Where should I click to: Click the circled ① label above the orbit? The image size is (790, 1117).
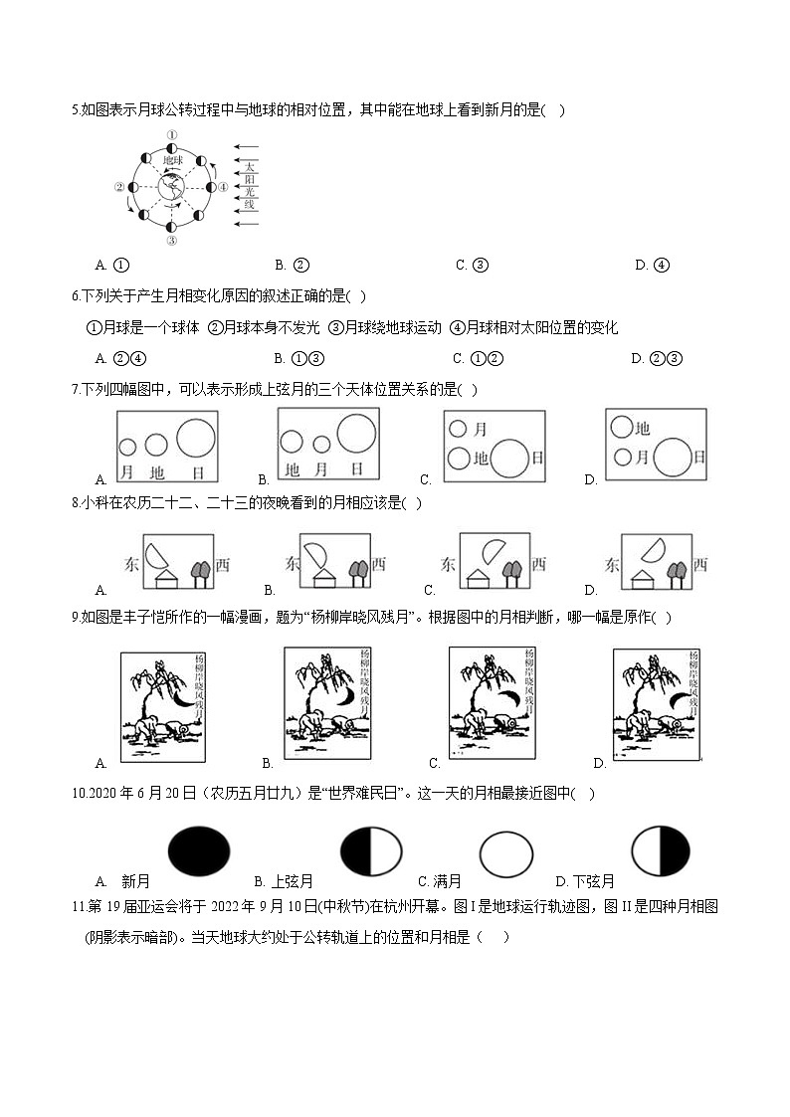pyautogui.click(x=171, y=135)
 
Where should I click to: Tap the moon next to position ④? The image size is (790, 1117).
pyautogui.click(x=210, y=187)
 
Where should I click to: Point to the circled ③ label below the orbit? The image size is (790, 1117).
pyautogui.click(x=171, y=241)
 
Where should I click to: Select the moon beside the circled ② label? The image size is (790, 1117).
pyautogui.click(x=134, y=187)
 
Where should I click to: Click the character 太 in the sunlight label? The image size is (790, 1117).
pyautogui.click(x=251, y=167)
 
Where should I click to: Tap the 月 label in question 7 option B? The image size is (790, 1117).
pyautogui.click(x=321, y=468)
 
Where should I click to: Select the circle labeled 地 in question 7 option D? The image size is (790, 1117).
pyautogui.click(x=622, y=427)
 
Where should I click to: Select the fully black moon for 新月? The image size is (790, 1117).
pyautogui.click(x=199, y=852)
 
